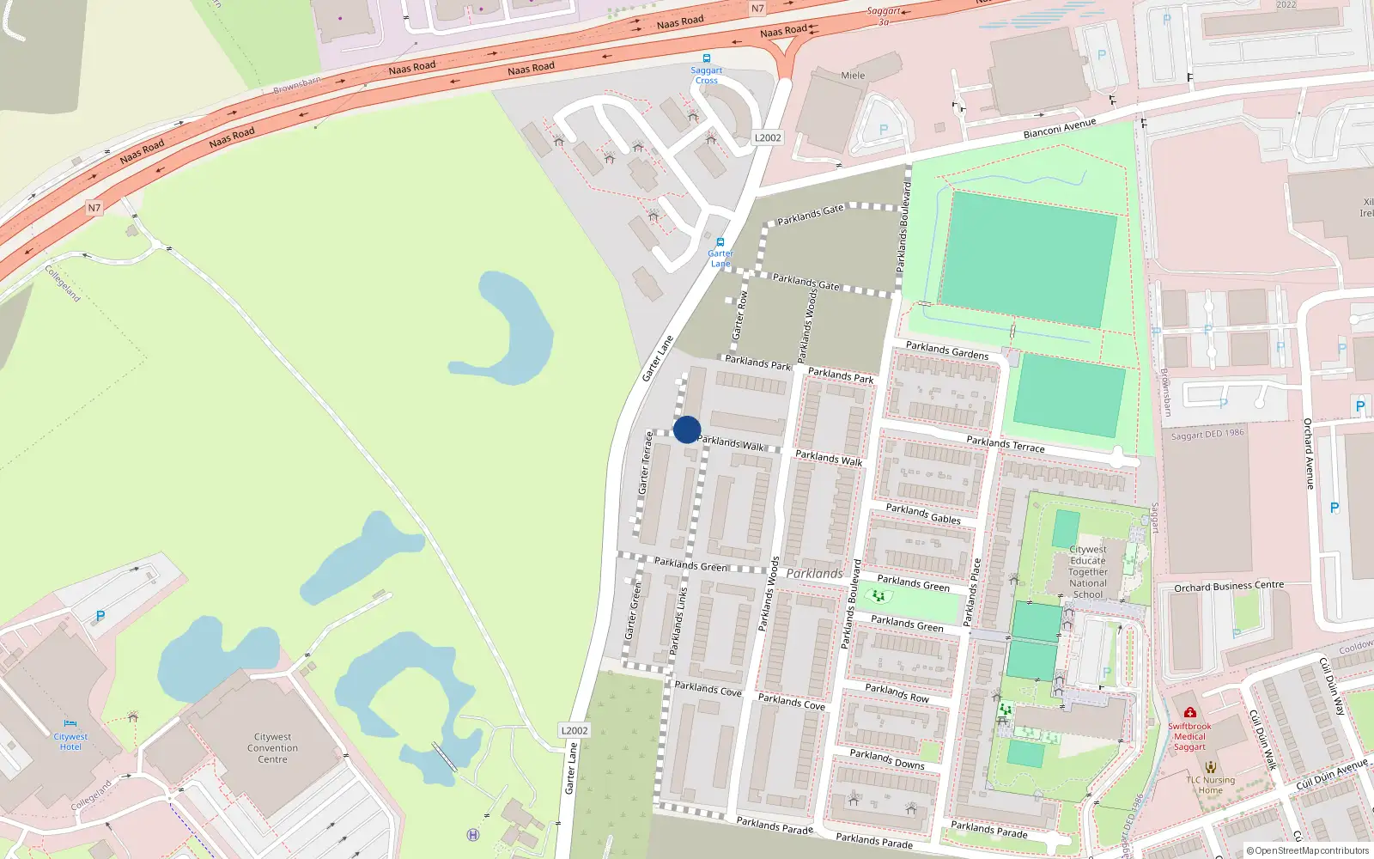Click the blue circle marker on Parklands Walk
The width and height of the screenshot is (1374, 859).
pyautogui.click(x=687, y=429)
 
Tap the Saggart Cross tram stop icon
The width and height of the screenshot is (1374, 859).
pyautogui.click(x=707, y=58)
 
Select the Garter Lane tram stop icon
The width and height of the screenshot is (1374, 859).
pyautogui.click(x=720, y=242)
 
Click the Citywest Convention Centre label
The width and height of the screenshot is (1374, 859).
pyautogui.click(x=272, y=748)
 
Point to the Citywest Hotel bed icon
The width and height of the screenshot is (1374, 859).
pyautogui.click(x=70, y=725)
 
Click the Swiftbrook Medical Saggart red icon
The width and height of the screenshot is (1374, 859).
pyautogui.click(x=1189, y=712)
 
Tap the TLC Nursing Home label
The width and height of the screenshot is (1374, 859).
pyautogui.click(x=1210, y=785)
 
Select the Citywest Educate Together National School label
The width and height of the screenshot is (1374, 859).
pyautogui.click(x=1088, y=572)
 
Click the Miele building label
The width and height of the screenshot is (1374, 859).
pyautogui.click(x=853, y=76)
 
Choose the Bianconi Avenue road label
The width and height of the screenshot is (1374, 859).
pyautogui.click(x=1059, y=129)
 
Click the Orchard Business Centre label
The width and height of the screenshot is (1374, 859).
pyautogui.click(x=1229, y=587)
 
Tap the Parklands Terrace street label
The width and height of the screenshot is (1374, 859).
pyautogui.click(x=1006, y=444)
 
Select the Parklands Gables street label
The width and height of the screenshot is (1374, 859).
pyautogui.click(x=923, y=514)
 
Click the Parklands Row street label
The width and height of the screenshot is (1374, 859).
pyautogui.click(x=897, y=692)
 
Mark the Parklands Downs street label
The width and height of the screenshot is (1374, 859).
pyautogui.click(x=887, y=758)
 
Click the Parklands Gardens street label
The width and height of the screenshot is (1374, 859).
pyautogui.click(x=947, y=350)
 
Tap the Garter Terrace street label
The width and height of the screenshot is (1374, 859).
pyautogui.click(x=644, y=463)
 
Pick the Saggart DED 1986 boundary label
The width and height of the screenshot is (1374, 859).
pyautogui.click(x=1207, y=434)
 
